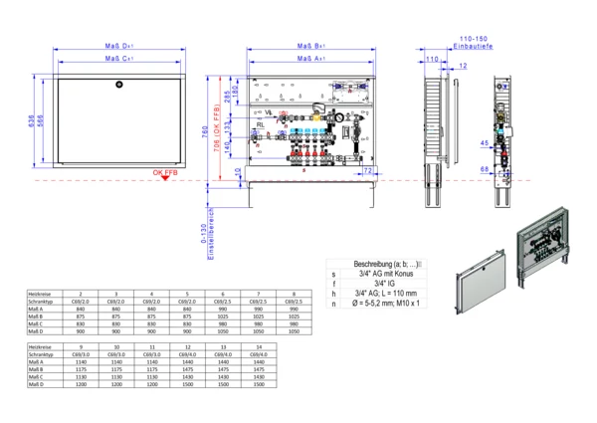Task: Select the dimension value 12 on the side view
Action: click(463, 67)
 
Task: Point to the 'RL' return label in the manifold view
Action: click(261, 125)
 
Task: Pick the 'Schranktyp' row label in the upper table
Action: click(42, 302)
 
